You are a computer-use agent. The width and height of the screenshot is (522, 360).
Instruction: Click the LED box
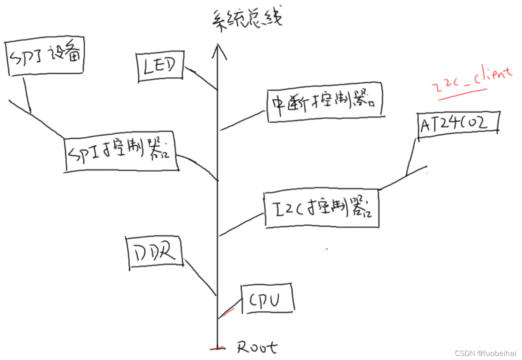pyautogui.click(x=160, y=67)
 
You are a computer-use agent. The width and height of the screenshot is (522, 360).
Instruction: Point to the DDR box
pyautogui.click(x=155, y=253)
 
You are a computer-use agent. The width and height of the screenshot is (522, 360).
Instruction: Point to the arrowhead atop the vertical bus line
pyautogui.click(x=217, y=50)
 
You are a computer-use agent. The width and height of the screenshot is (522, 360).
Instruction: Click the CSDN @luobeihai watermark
pyautogui.click(x=485, y=353)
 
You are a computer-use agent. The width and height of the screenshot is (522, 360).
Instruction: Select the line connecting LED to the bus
pyautogui.click(x=201, y=79)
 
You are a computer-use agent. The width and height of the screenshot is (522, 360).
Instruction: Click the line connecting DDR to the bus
pyautogui.click(x=199, y=277)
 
